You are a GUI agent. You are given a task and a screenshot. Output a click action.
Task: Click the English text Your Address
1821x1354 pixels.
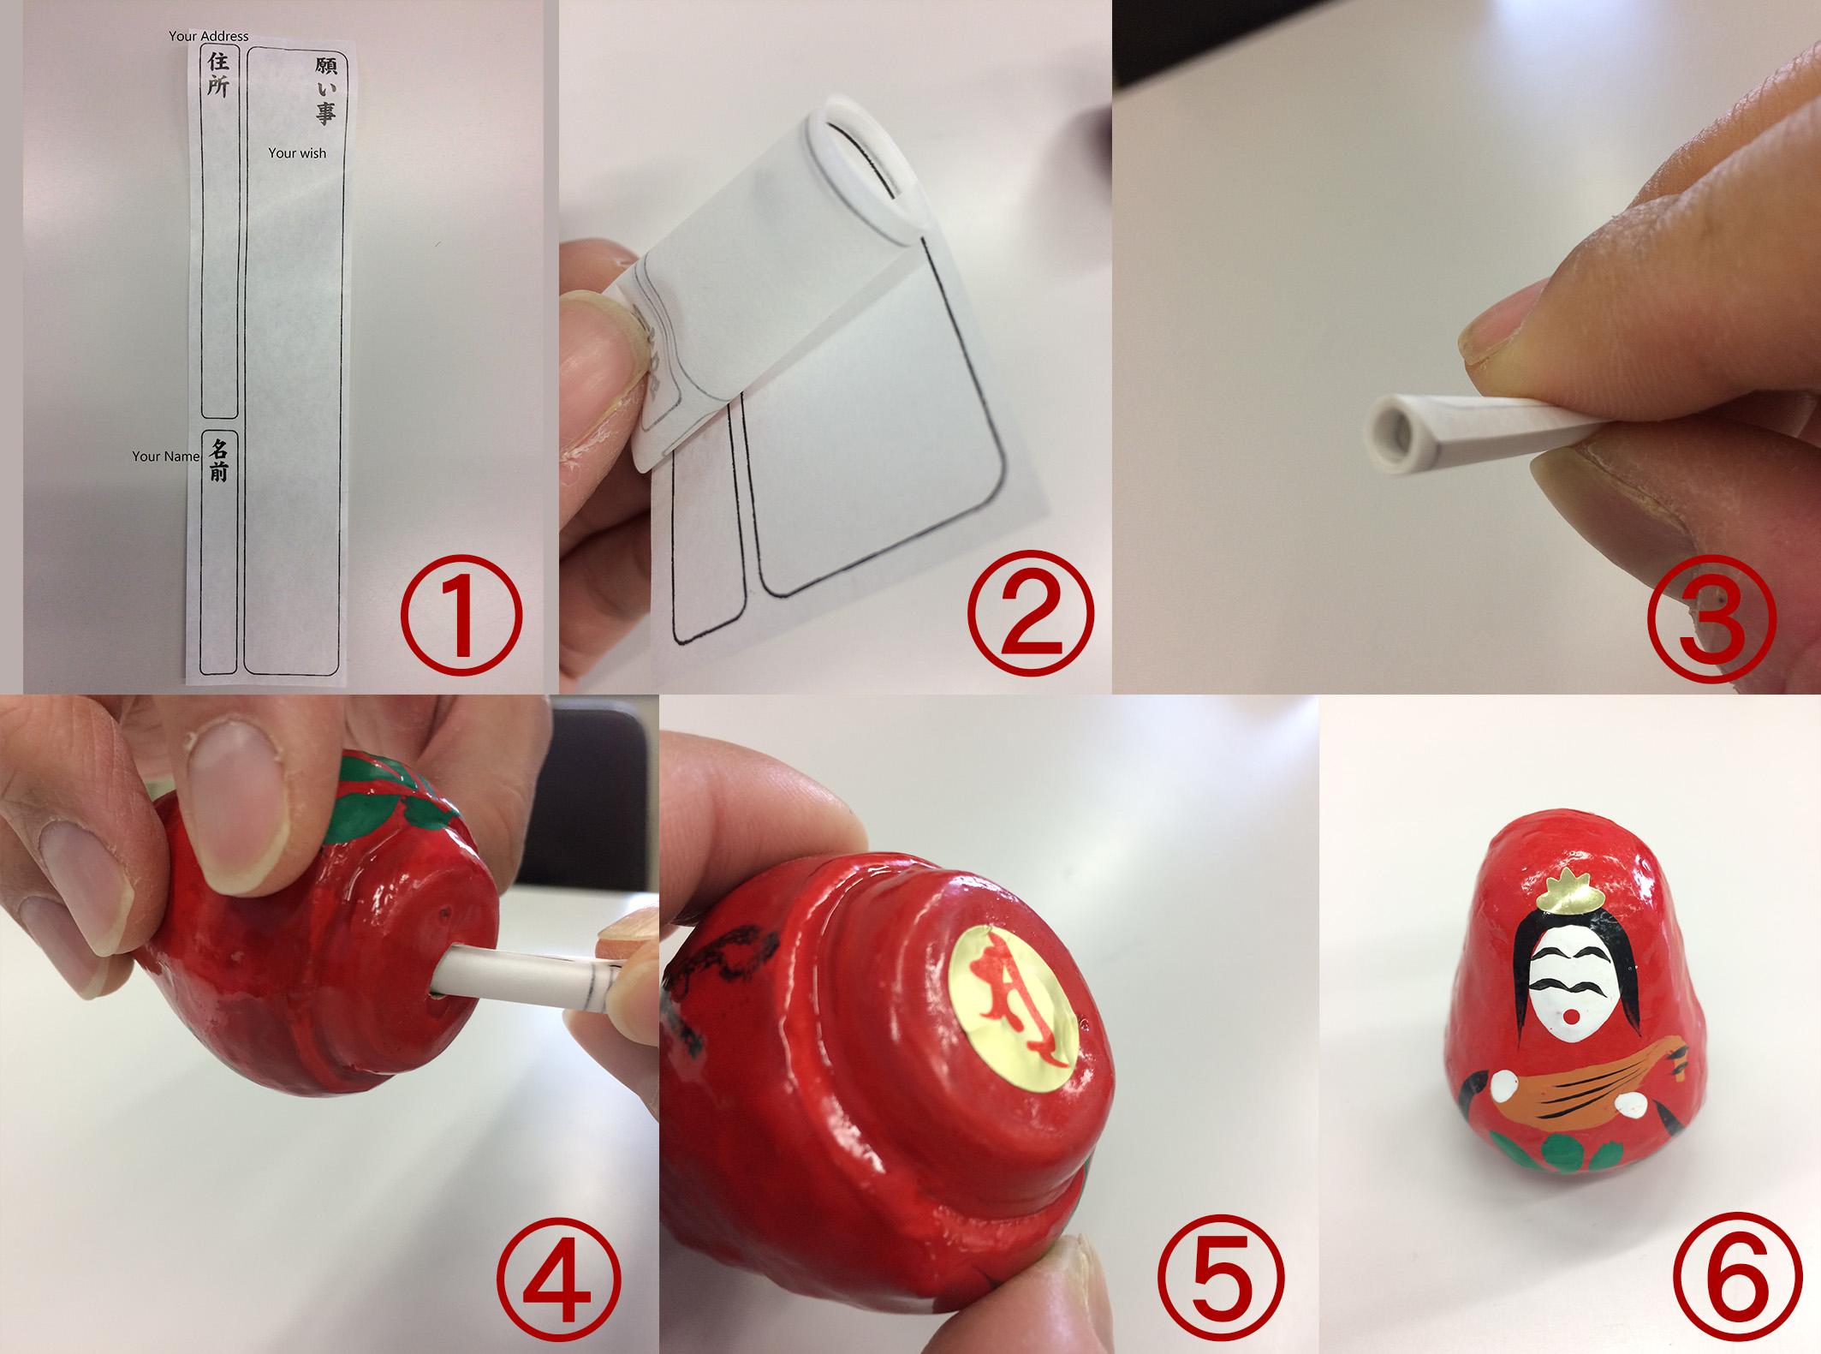point(209,36)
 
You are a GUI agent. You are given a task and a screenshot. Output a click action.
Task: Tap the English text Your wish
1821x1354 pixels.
point(297,153)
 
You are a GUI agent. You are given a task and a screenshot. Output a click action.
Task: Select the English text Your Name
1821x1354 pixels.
point(165,456)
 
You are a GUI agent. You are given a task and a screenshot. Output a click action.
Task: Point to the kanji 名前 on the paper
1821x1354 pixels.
point(218,461)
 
